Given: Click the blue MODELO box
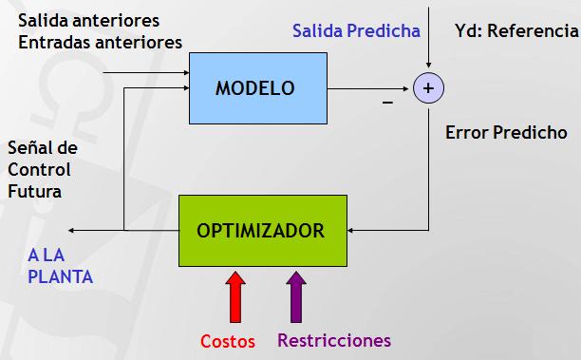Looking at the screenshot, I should [x=255, y=88].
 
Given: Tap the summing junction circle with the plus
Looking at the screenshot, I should [x=428, y=88].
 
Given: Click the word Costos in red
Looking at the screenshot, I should [x=228, y=341].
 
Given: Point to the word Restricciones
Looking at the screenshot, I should [x=334, y=340].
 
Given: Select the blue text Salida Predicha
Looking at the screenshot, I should [x=356, y=30].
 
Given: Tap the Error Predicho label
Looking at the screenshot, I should [x=506, y=133].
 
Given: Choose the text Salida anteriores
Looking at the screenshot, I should [x=89, y=20].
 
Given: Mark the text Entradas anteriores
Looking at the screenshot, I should [x=100, y=42].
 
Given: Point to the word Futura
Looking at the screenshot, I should [x=34, y=191].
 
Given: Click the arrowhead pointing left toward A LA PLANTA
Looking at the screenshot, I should [x=73, y=230].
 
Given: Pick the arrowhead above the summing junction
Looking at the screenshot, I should [x=428, y=67].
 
